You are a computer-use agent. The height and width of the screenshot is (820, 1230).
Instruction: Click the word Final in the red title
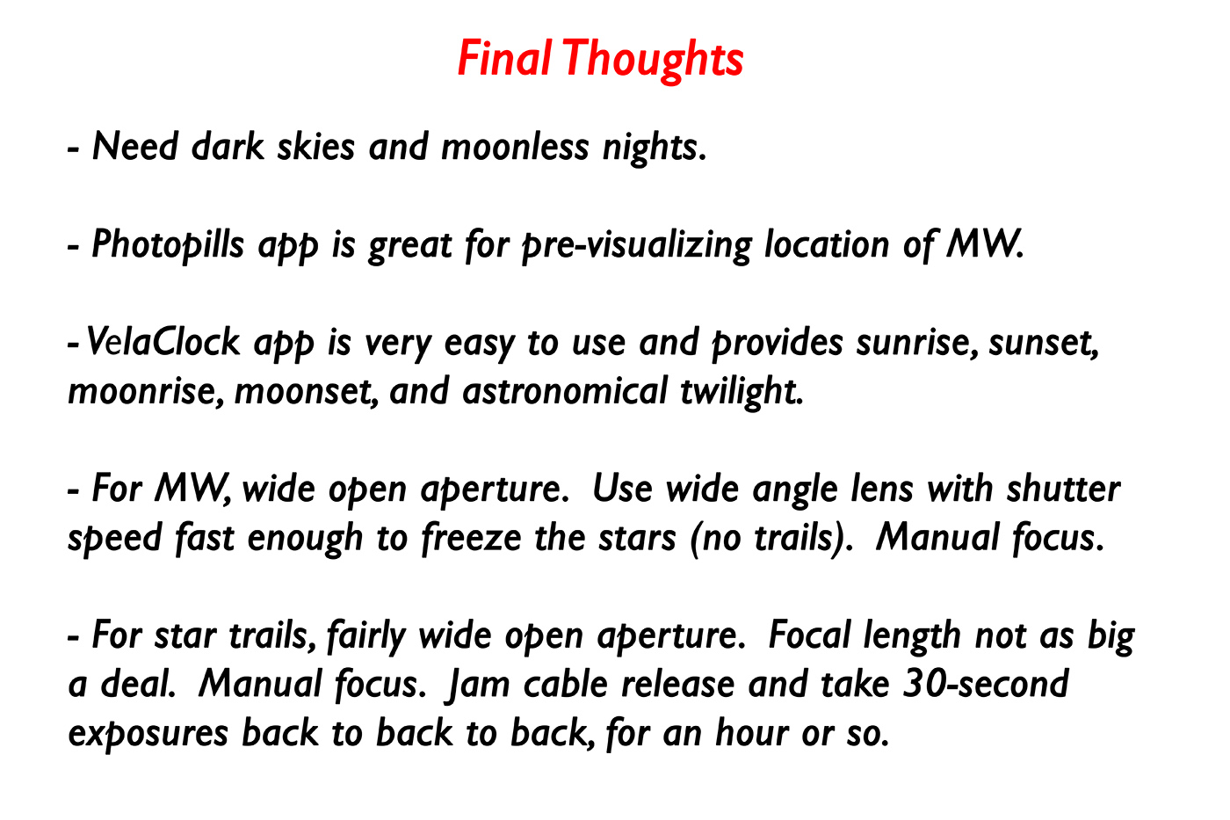tap(504, 58)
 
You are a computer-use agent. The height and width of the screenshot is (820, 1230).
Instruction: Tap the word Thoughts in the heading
tap(652, 62)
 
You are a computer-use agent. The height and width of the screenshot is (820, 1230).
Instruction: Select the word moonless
tap(515, 147)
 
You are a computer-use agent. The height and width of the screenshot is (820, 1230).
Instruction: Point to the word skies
tap(315, 147)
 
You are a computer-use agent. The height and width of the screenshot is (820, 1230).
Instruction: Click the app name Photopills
tap(168, 245)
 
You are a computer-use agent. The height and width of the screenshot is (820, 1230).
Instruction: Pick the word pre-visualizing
tap(636, 246)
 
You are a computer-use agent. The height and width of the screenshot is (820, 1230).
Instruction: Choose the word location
tap(827, 244)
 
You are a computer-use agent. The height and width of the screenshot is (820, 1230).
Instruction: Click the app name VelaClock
tap(163, 342)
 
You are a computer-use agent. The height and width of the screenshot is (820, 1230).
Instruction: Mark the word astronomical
tap(564, 391)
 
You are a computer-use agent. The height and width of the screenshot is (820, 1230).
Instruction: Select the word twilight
tap(742, 392)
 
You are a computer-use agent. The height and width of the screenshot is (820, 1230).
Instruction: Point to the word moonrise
tap(146, 392)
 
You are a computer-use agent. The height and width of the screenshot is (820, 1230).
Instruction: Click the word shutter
tap(1063, 489)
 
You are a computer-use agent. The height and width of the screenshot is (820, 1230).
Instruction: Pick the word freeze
tap(471, 538)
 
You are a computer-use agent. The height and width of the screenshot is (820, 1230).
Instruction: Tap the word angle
tap(795, 490)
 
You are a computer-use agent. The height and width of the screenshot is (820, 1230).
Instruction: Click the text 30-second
tap(986, 685)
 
